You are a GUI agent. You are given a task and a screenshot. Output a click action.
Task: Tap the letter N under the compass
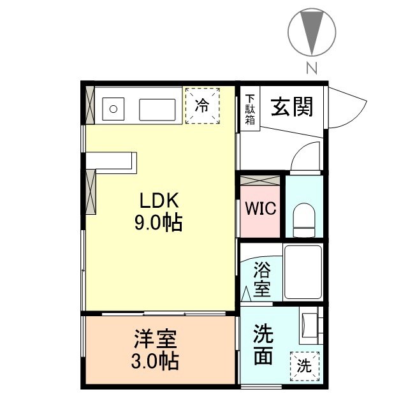coord(312,68)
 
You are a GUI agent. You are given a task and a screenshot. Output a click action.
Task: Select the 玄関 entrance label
coord(293,106)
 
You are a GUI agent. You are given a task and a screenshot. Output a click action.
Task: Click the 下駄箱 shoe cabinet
coord(251,110)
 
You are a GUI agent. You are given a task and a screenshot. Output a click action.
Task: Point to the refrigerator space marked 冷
coord(202,106)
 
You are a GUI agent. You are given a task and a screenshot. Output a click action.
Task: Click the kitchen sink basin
coord(157,109)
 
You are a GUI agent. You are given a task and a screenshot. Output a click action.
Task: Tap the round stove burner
coord(113,108)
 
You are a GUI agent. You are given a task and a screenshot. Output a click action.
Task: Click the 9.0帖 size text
coord(158,224)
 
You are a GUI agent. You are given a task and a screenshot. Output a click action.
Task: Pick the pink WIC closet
coord(260,208)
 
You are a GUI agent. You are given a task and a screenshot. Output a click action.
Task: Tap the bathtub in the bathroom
coord(303,272)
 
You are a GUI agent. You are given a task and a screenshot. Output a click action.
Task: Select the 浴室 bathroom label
coord(261,278)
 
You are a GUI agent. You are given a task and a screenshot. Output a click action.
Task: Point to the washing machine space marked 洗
coord(305,366)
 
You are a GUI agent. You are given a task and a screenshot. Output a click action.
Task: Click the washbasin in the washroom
coord(310,323)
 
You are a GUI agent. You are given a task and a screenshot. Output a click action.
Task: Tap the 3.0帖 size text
coord(155,361)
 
